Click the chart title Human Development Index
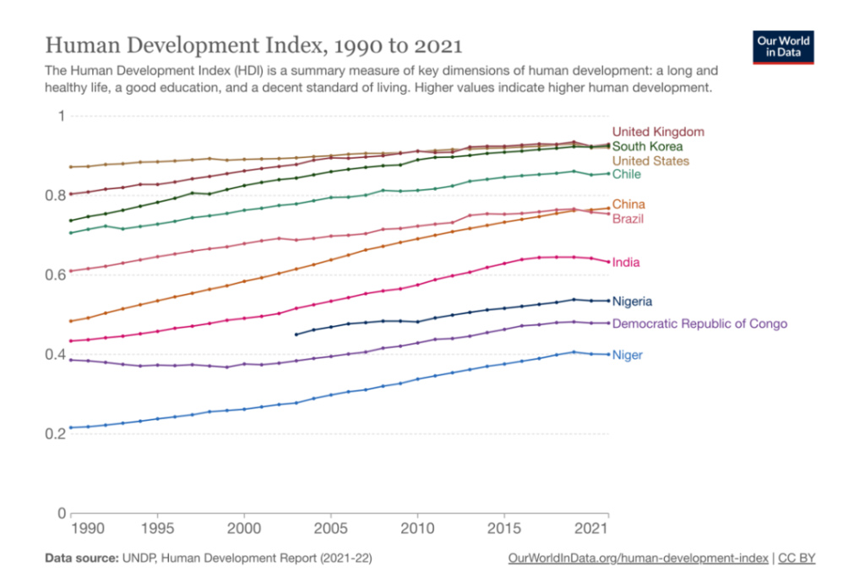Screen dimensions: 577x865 [x=253, y=44]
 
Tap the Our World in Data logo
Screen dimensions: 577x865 [x=783, y=47]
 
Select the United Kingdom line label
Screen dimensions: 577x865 [x=658, y=132]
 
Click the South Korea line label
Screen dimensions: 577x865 [x=647, y=146]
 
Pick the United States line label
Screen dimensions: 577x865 [x=650, y=161]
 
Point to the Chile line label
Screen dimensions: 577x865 [x=627, y=174]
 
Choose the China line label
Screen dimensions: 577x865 [x=628, y=204]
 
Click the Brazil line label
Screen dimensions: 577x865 [x=628, y=219]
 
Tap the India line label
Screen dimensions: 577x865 [x=626, y=262]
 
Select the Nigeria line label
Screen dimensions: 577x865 [x=632, y=301]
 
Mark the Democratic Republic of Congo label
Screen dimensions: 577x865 [x=699, y=324]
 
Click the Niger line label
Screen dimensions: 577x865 [x=627, y=355]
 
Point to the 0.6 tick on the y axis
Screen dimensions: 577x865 [x=56, y=275]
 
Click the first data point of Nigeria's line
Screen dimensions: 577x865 [x=296, y=335]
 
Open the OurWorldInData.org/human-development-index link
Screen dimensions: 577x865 [x=639, y=558]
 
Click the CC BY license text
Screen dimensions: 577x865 [x=799, y=558]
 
